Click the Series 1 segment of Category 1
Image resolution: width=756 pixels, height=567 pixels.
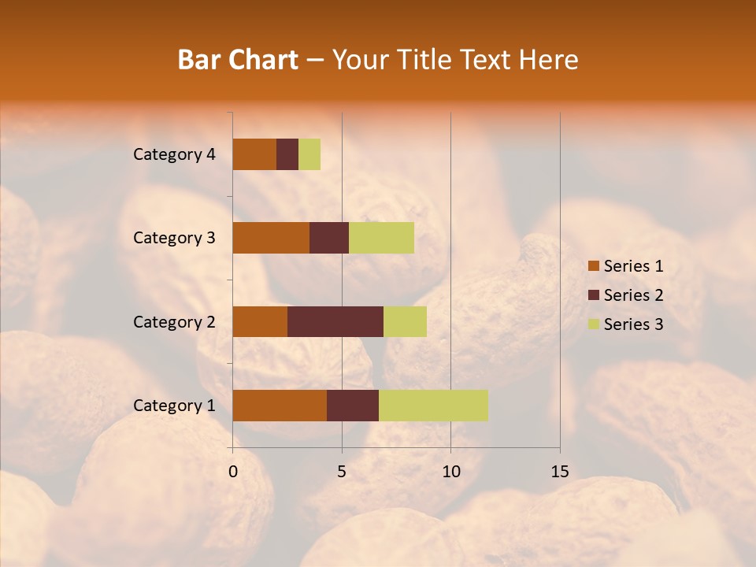(280, 405)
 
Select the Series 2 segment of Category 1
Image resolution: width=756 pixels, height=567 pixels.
(353, 405)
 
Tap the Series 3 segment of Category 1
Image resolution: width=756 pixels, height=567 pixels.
(433, 405)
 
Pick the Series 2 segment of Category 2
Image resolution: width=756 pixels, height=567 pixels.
(335, 321)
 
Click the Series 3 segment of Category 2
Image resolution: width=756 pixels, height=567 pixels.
(405, 321)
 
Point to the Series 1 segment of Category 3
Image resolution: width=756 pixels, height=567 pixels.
(271, 238)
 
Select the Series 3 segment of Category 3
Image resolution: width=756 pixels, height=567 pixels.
(381, 238)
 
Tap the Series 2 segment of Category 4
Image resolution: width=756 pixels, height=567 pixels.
(287, 154)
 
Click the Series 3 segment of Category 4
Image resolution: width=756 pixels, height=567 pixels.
(309, 154)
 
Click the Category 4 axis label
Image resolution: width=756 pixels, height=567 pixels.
(174, 154)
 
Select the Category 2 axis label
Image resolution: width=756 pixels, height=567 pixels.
(174, 321)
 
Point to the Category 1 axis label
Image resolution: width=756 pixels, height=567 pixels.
(174, 405)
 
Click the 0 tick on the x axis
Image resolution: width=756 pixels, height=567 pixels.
(233, 472)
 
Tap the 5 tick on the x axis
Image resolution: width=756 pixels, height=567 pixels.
(342, 472)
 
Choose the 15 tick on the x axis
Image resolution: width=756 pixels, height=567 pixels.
(560, 472)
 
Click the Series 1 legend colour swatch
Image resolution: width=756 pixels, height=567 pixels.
(594, 266)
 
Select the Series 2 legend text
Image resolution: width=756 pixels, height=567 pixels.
(633, 295)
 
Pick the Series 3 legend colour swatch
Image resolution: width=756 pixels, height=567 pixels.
(594, 324)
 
